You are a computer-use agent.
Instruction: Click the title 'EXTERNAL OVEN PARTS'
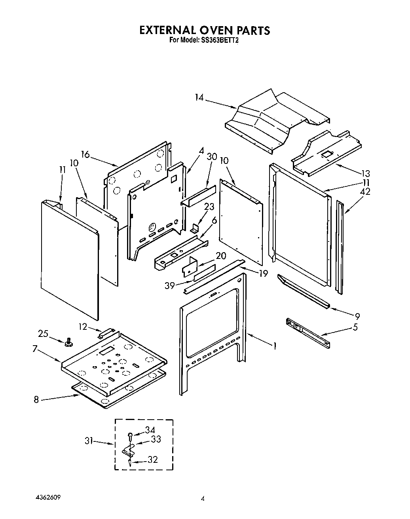coord(205,30)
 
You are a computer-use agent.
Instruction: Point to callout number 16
coord(85,154)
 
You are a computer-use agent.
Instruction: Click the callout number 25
coord(43,334)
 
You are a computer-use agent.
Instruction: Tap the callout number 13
coord(365,173)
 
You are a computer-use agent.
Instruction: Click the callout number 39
coord(170,285)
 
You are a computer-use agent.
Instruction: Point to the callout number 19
coord(263,273)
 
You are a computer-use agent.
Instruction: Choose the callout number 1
coord(274,346)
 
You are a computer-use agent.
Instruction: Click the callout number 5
coord(355,327)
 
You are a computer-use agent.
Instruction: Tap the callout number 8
coord(36,400)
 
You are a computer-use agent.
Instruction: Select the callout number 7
coord(35,349)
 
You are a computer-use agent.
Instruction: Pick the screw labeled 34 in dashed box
coord(130,435)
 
